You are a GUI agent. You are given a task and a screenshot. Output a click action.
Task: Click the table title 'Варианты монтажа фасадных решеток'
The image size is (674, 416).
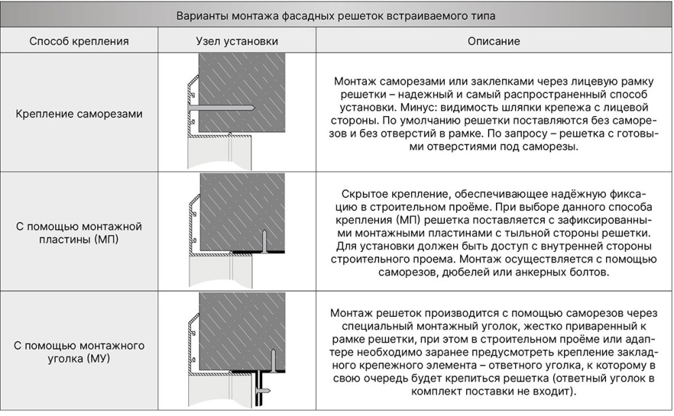[336, 16]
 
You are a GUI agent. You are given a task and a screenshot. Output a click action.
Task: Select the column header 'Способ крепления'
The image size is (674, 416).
[79, 41]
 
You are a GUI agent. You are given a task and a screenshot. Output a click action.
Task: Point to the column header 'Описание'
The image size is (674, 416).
[494, 41]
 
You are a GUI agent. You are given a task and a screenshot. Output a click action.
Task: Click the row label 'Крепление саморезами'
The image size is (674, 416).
[79, 113]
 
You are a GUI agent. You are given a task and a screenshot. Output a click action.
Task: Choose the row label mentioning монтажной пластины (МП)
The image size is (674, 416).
[79, 232]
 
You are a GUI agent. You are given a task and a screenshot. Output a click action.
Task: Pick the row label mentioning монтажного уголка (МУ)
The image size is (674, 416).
[79, 352]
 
